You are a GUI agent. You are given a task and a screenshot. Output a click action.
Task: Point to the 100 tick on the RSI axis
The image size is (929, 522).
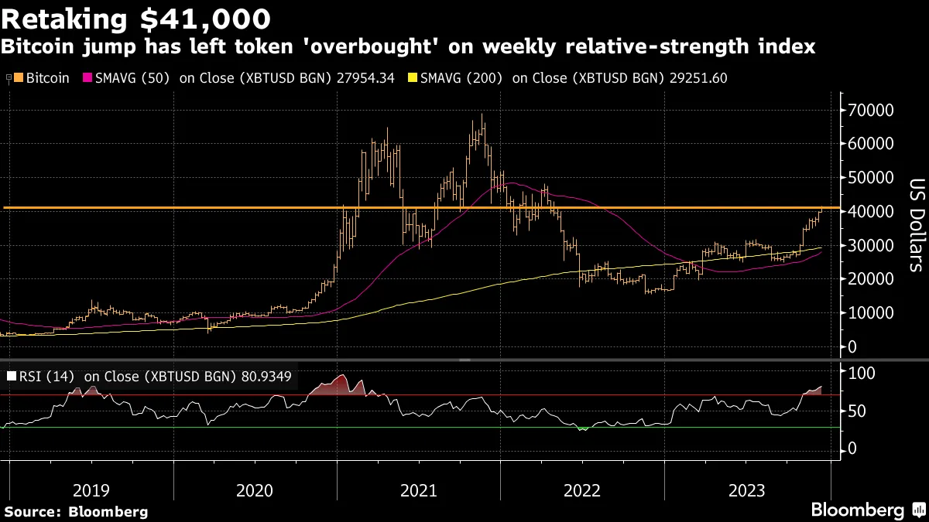pyautogui.click(x=862, y=373)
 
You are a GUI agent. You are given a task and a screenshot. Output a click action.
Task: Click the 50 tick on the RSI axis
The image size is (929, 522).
pyautogui.click(x=857, y=411)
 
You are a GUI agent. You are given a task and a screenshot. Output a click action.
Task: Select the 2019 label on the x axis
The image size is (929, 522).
pyautogui.click(x=91, y=490)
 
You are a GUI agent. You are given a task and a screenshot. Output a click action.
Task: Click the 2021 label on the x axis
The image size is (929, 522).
pyautogui.click(x=418, y=490)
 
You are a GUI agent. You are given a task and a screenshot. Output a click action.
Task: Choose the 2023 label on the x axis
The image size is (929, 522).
pyautogui.click(x=746, y=490)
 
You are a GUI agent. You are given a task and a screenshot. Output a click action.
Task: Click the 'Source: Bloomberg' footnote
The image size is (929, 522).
pyautogui.click(x=76, y=511)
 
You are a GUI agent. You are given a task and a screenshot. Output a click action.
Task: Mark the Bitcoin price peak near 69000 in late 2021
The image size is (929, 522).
pyautogui.click(x=482, y=116)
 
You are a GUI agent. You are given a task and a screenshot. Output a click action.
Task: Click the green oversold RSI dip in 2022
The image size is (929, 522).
pyautogui.click(x=582, y=428)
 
